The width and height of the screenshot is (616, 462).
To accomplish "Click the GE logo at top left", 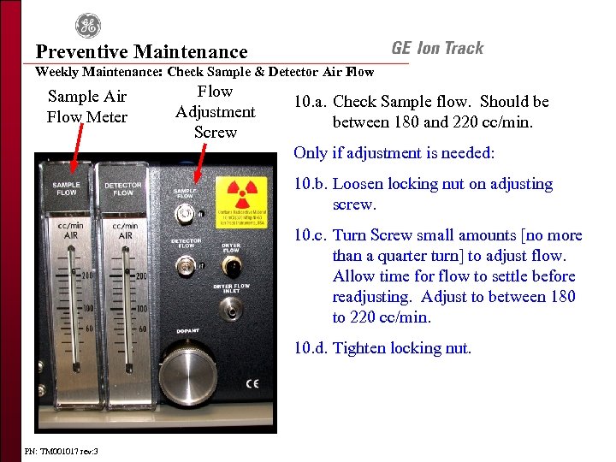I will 87,26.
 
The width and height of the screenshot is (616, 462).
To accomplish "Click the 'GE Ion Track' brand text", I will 437,49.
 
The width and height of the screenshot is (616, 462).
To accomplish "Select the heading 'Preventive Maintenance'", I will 141,52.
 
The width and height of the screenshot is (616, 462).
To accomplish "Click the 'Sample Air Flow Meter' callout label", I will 86,107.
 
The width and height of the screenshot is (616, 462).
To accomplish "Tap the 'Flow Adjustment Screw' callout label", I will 215,111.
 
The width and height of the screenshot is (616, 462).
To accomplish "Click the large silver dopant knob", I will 188,377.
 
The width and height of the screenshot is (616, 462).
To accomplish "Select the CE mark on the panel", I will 252,382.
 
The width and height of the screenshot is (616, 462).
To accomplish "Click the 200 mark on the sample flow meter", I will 86,275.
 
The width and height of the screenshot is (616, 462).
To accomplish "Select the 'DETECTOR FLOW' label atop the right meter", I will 123,187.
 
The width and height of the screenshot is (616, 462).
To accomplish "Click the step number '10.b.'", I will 310,184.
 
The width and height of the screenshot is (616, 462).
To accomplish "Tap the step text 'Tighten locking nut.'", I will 401,348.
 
